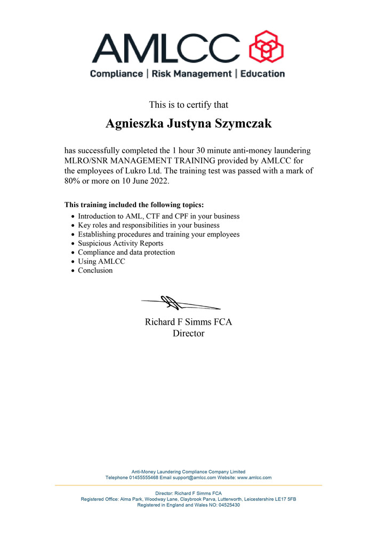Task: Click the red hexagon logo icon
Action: point(266,47)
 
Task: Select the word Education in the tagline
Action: point(262,74)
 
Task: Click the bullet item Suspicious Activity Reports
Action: point(121,243)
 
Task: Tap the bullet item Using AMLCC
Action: point(102,261)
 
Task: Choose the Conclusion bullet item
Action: point(95,270)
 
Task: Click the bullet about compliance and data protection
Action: point(126,252)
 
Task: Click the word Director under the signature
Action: point(188,334)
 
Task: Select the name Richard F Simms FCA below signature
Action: point(188,322)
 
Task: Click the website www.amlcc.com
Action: point(254,477)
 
